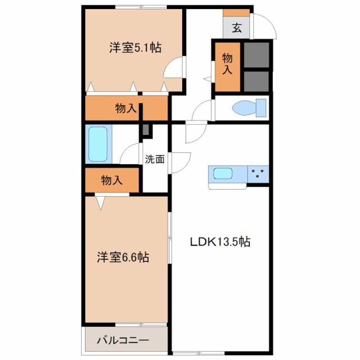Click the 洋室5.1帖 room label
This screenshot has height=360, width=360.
click(135, 48)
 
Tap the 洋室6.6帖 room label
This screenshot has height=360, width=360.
click(123, 257)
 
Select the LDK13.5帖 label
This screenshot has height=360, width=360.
click(220, 242)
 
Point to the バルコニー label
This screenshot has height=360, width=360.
click(123, 340)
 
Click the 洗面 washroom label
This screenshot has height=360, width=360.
click(155, 159)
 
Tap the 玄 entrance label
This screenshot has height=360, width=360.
click(237, 28)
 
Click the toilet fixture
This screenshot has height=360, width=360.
click(249, 108)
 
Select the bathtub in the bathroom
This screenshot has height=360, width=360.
click(98, 144)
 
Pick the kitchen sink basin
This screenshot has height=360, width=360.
click(223, 173)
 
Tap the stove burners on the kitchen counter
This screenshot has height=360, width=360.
click(257, 173)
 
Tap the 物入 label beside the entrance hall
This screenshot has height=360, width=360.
click(227, 64)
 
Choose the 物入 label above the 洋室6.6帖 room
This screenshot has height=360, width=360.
click(112, 180)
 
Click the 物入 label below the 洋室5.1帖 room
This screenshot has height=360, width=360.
click(126, 108)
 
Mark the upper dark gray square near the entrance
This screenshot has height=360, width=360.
click(256, 55)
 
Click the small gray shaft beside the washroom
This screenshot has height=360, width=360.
click(146, 130)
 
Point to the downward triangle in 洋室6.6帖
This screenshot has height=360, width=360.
click(100, 203)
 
